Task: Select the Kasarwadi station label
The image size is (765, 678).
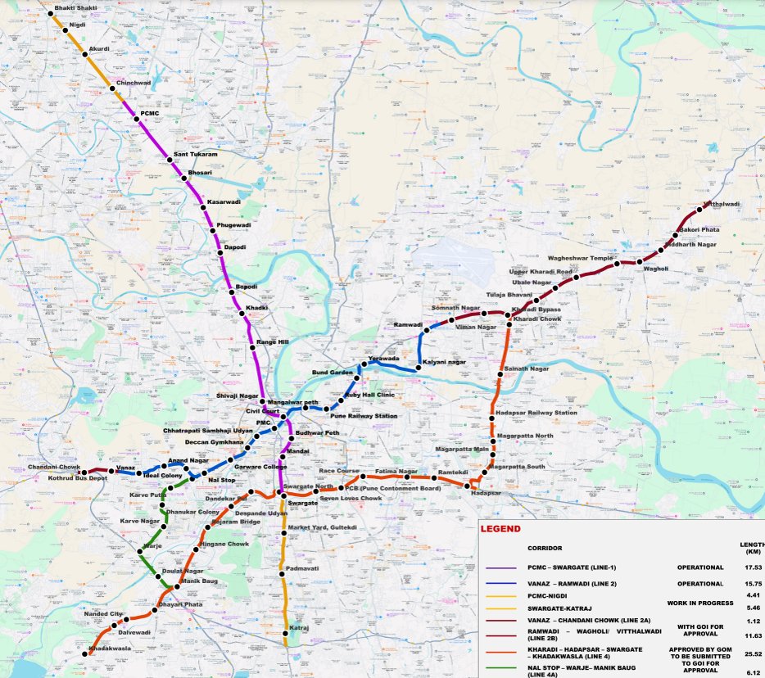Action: (224, 201)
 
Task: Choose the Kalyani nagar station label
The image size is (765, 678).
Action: (445, 361)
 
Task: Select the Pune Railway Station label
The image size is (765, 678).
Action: (364, 416)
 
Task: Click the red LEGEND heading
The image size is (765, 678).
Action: (500, 529)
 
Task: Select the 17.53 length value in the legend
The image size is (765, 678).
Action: (751, 567)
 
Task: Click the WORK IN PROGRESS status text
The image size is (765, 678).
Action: (699, 602)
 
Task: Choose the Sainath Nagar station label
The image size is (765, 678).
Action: (527, 369)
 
